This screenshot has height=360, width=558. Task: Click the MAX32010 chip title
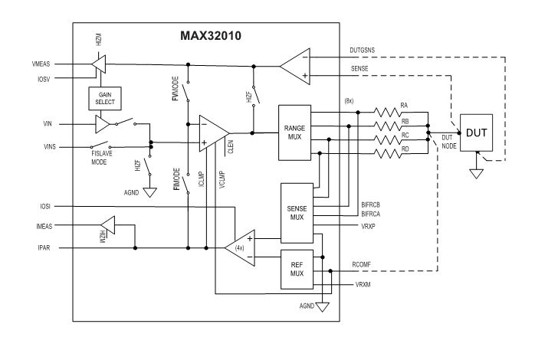pyautogui.click(x=210, y=35)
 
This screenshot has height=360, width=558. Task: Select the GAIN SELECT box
pyautogui.click(x=105, y=98)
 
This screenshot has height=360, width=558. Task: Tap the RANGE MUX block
pyautogui.click(x=294, y=133)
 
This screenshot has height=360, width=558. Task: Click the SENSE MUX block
pyautogui.click(x=297, y=213)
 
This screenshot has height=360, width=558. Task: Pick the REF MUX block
pyautogui.click(x=297, y=270)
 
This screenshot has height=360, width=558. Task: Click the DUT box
pyautogui.click(x=476, y=133)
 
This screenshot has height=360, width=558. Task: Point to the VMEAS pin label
pyautogui.click(x=41, y=64)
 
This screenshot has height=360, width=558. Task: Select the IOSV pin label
pyautogui.click(x=44, y=80)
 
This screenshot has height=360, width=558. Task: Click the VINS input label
pyautogui.click(x=50, y=146)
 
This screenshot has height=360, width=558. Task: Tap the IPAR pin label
pyautogui.click(x=44, y=247)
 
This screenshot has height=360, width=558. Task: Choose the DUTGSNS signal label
pyautogui.click(x=362, y=50)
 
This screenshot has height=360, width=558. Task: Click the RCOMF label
pyautogui.click(x=361, y=264)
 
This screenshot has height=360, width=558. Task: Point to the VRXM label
pyautogui.click(x=363, y=285)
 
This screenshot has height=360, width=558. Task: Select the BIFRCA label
pyautogui.click(x=370, y=214)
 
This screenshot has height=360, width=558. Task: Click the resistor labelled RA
pyautogui.click(x=388, y=113)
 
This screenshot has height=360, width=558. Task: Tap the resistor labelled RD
pyautogui.click(x=388, y=154)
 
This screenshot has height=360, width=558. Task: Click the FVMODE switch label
pyautogui.click(x=175, y=88)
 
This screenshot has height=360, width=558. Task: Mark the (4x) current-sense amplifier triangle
pyautogui.click(x=239, y=247)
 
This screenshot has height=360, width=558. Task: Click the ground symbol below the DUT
pyautogui.click(x=476, y=174)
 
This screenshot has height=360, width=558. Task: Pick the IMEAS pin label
pyautogui.click(x=44, y=226)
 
